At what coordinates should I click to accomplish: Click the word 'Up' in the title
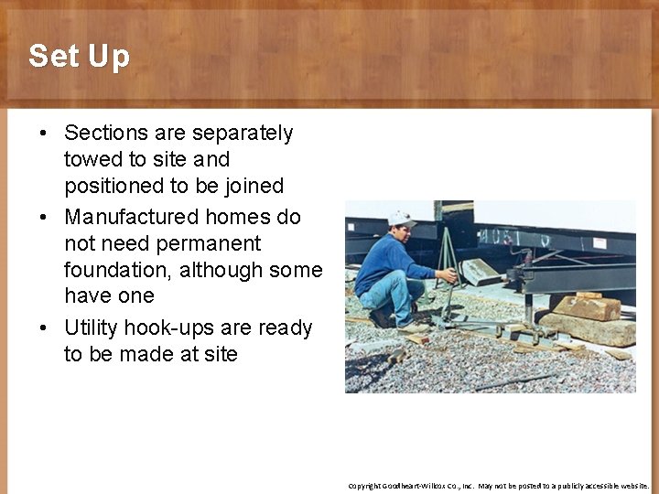coord(109,58)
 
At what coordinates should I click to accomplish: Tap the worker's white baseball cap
coord(401,219)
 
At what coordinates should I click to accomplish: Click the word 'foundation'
coord(116,271)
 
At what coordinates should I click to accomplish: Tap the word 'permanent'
coord(208,244)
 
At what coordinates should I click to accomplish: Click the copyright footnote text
coord(499,486)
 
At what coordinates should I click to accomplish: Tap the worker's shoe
coord(381,319)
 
